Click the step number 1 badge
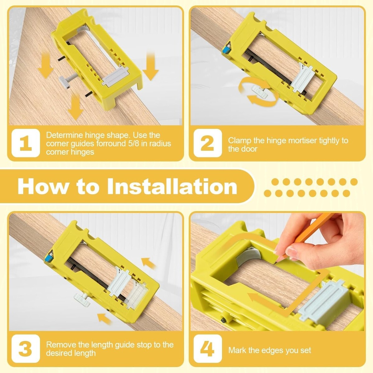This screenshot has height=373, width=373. coord(25,143)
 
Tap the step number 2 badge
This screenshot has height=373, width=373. coord(208,143)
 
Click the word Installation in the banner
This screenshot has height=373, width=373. coord(172,186)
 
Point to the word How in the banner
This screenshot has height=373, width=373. coord(43,186)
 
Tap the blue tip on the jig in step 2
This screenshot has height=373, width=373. coord(225,50)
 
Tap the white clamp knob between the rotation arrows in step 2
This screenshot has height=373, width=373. coord(259,91)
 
